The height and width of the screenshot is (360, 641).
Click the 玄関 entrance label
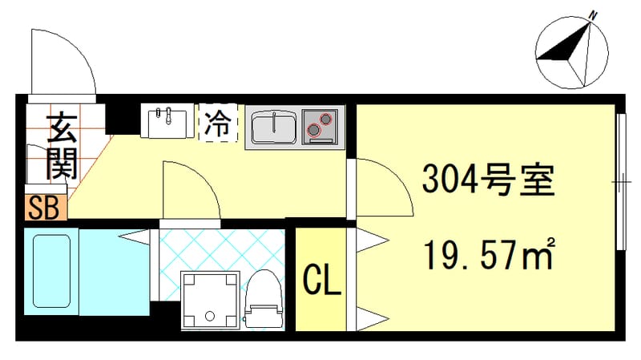(61, 146)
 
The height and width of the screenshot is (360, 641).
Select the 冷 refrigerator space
(218, 123)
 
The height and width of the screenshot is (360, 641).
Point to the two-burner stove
(321, 127)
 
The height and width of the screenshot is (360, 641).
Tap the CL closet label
(322, 280)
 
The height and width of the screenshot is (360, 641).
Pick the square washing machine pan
(211, 300)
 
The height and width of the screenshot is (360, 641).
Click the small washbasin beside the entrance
(168, 121)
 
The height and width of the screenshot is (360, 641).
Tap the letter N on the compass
(594, 15)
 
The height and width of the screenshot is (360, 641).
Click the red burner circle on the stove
(325, 120)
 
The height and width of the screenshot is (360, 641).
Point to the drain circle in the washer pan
(211, 313)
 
